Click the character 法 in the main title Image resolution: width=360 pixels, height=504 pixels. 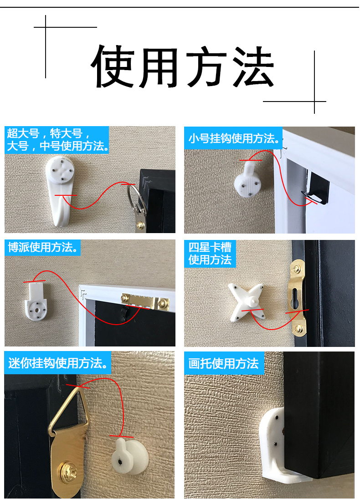coord(252,67)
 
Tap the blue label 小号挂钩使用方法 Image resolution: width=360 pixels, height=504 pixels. coord(233,138)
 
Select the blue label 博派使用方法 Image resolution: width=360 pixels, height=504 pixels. coord(44,248)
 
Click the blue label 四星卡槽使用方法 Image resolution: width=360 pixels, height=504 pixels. coord(210,254)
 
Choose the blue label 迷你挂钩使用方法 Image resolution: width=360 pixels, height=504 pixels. coord(58,363)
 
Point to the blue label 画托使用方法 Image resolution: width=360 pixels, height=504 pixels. coord(224,364)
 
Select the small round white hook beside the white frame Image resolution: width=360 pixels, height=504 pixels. coord(247,183)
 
